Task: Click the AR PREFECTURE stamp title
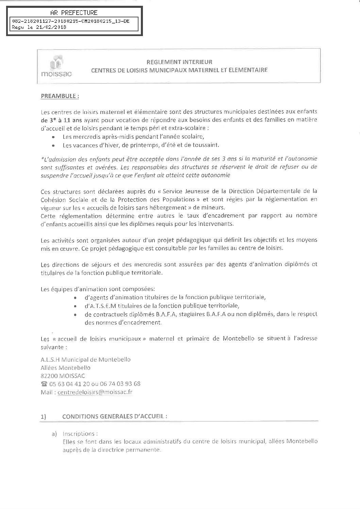coord(73,13)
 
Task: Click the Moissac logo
coord(55,66)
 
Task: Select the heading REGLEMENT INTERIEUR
coord(179,62)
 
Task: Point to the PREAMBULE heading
coord(60,96)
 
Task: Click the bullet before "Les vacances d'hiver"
coord(53,145)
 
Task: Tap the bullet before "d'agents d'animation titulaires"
coord(75,297)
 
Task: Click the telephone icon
coord(44,384)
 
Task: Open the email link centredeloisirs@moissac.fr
coord(95,392)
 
